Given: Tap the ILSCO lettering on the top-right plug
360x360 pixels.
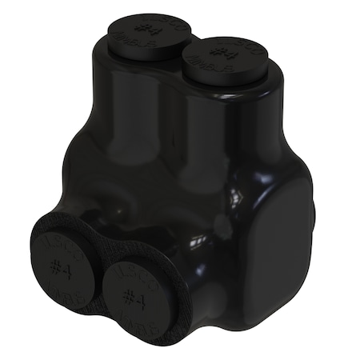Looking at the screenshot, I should tap(233, 46).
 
